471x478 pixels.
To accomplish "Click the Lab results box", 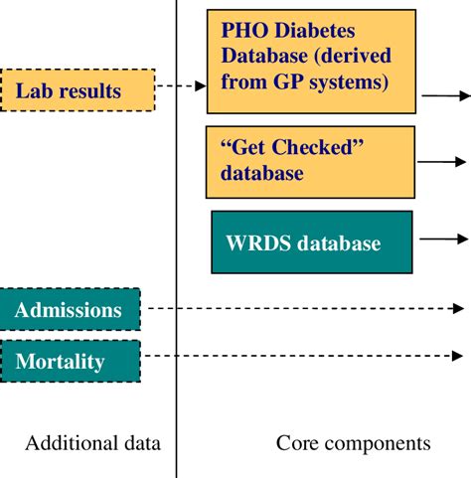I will click(x=78, y=90).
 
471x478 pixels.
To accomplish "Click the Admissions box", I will click(x=70, y=310).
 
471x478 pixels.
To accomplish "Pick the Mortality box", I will click(x=70, y=362).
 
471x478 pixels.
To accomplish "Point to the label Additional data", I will click(x=91, y=443).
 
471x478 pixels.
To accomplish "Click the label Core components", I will click(x=354, y=443).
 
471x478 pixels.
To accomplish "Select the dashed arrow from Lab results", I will click(x=181, y=87).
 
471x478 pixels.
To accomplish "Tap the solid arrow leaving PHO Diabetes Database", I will click(x=443, y=96).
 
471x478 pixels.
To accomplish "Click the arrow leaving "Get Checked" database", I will click(x=441, y=162).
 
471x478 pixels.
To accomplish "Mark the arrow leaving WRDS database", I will click(x=441, y=239).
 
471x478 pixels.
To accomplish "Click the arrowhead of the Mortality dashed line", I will click(x=458, y=355).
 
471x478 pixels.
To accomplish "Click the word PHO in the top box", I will click(x=245, y=32).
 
